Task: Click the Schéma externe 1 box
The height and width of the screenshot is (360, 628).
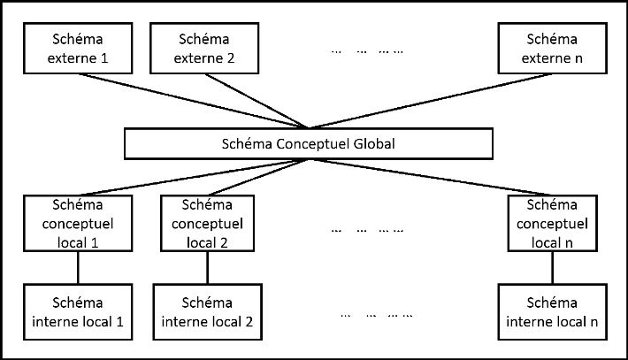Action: (x=78, y=50)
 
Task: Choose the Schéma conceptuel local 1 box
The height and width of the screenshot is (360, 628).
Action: (x=78, y=223)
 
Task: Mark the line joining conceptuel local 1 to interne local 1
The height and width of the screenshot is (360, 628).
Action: (x=78, y=267)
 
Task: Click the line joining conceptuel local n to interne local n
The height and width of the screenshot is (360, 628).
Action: (x=553, y=267)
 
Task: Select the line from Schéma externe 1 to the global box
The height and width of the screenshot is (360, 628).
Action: (x=195, y=102)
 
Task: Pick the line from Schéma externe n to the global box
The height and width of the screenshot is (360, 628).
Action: (x=425, y=102)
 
